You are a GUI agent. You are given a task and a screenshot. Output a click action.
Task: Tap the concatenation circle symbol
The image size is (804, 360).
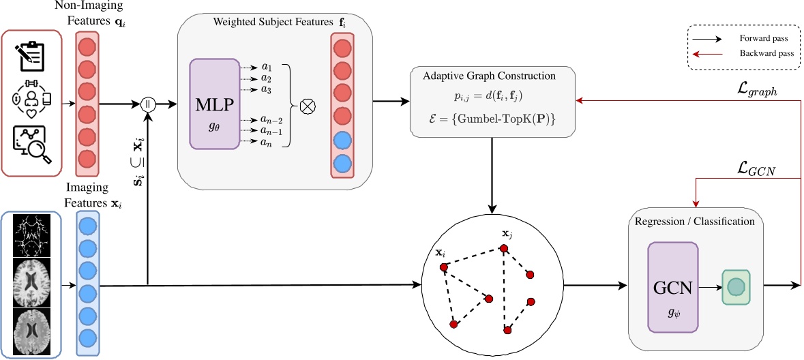coord(147,104)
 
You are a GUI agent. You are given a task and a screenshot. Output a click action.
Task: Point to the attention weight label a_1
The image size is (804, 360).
coord(266,67)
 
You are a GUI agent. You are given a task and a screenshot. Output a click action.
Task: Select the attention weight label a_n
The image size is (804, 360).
coord(266,141)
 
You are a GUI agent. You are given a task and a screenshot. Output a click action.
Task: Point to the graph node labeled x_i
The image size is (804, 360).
coord(444,267)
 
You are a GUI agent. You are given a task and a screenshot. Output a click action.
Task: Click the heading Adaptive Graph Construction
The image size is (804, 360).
coord(490,76)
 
